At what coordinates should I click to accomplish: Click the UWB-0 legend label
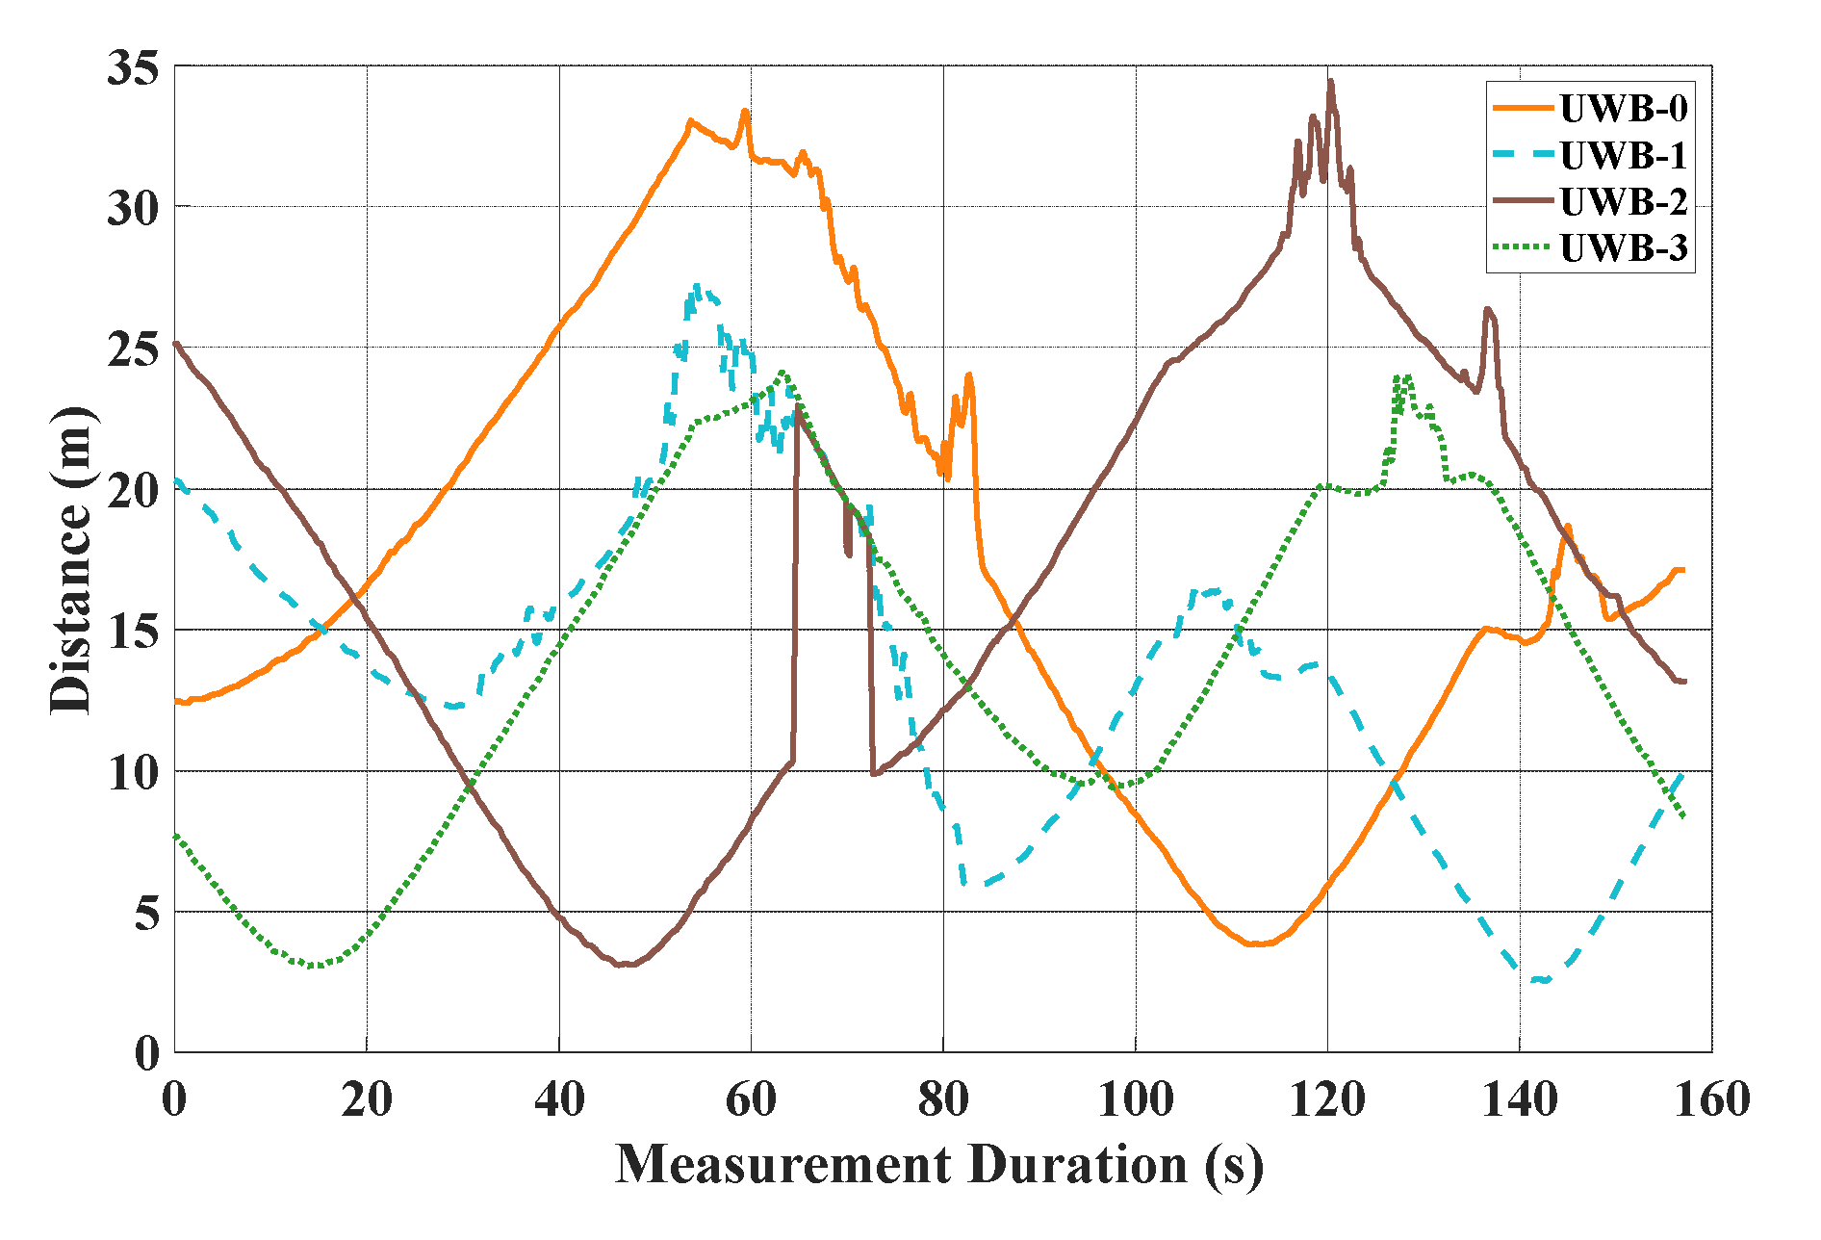1624,109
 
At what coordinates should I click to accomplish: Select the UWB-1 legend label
1624,155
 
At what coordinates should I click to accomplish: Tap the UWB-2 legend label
1624,201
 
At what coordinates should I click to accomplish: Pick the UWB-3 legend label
1624,247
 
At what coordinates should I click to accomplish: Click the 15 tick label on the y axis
132,632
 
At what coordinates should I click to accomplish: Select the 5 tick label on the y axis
146,913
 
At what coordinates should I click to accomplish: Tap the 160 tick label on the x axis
1711,1098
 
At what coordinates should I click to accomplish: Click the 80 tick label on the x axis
943,1098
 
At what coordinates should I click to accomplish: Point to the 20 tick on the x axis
367,1098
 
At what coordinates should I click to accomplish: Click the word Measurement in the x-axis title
782,1164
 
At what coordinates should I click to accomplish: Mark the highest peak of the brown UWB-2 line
1331,82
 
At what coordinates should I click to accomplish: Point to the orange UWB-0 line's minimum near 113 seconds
1255,944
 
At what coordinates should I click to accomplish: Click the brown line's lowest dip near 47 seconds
626,964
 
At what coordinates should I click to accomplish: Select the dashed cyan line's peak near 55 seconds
697,286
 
